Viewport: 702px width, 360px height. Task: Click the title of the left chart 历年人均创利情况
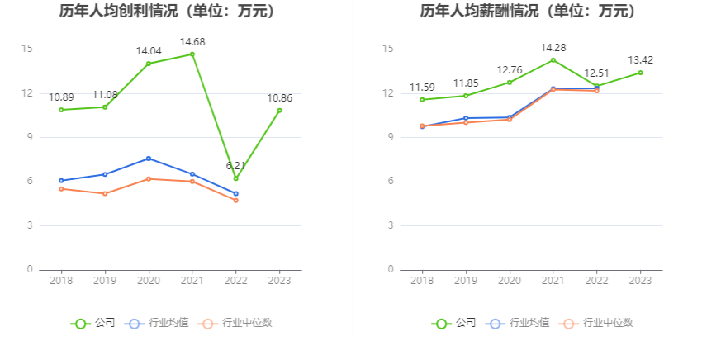[x=168, y=12]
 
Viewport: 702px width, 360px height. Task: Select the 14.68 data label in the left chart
[x=192, y=41]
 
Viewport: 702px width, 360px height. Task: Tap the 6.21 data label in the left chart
[x=236, y=165]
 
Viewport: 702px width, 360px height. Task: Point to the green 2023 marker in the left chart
[x=279, y=111]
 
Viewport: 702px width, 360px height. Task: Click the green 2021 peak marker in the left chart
[x=192, y=54]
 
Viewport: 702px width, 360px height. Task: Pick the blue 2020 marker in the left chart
[x=149, y=159]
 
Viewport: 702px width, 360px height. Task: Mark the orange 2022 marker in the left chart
[x=235, y=200]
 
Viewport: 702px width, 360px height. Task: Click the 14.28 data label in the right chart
[x=553, y=47]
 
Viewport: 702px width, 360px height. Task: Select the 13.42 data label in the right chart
[x=640, y=60]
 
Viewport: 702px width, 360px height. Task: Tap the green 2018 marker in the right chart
[x=422, y=100]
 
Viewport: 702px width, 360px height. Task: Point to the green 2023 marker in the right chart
[x=640, y=73]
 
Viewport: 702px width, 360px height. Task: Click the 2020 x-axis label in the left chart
[x=149, y=282]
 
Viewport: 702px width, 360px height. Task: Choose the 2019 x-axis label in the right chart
[x=466, y=282]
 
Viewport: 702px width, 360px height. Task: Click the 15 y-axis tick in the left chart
[x=28, y=50]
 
